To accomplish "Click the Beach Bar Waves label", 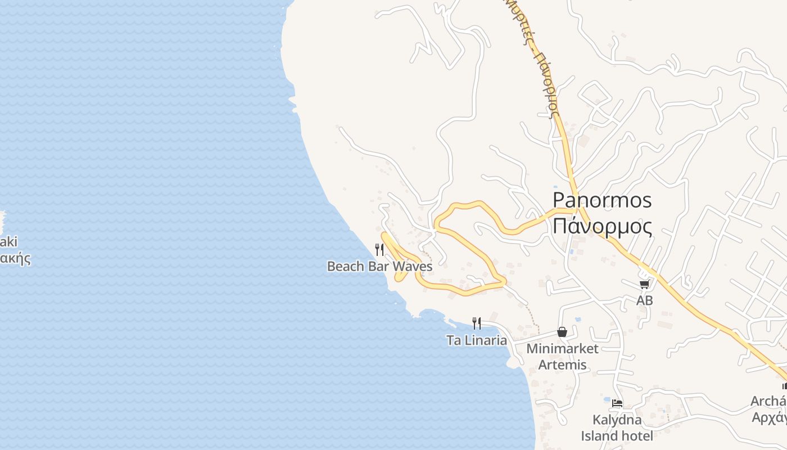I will [x=379, y=266].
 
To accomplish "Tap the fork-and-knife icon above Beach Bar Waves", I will [x=379, y=249].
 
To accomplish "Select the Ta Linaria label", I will [x=477, y=340].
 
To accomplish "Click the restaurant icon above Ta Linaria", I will [x=477, y=323].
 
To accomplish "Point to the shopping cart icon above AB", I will [x=644, y=285].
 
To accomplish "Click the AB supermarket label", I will [x=645, y=300].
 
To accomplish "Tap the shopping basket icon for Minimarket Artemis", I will [x=562, y=332].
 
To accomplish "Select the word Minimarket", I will [x=562, y=349].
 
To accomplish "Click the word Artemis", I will [x=562, y=365].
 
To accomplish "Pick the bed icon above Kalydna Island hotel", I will [x=617, y=403].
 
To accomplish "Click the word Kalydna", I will [x=617, y=420].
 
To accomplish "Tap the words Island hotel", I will [x=617, y=436].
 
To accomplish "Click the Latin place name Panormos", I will [x=602, y=200].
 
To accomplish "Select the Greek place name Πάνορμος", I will [x=602, y=226].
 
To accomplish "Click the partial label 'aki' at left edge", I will [x=8, y=242].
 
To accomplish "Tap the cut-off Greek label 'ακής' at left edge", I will [x=15, y=259].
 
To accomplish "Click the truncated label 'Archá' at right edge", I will [x=769, y=401].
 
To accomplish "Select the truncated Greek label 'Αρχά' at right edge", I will [x=770, y=417].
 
